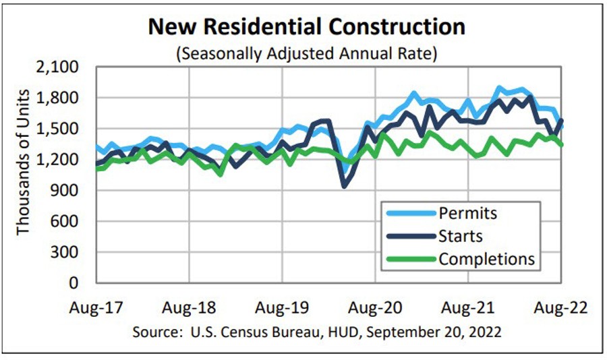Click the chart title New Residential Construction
click(x=307, y=26)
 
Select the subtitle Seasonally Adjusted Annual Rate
click(x=307, y=53)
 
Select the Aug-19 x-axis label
click(x=281, y=308)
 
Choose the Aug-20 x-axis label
click(x=375, y=308)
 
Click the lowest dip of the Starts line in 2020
click(x=345, y=185)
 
